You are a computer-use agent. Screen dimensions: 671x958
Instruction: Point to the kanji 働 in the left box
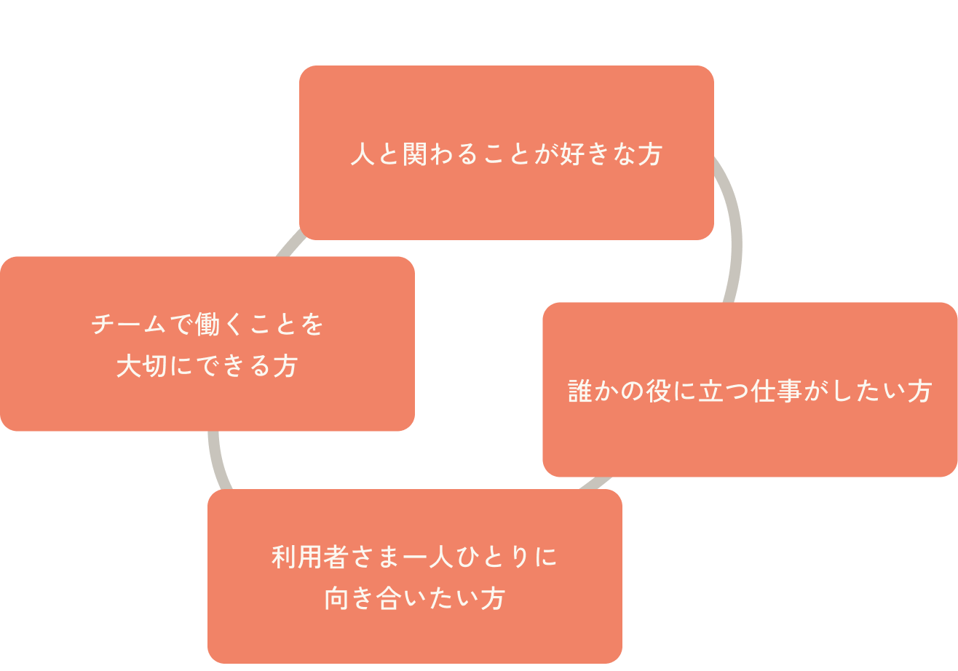click(208, 325)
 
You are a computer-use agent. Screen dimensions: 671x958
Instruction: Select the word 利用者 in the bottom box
click(310, 557)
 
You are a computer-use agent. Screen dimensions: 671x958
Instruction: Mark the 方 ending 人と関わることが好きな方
click(650, 155)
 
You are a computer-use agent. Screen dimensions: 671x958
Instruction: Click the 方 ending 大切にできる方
click(285, 366)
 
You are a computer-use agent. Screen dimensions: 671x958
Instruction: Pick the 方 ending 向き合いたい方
click(493, 599)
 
